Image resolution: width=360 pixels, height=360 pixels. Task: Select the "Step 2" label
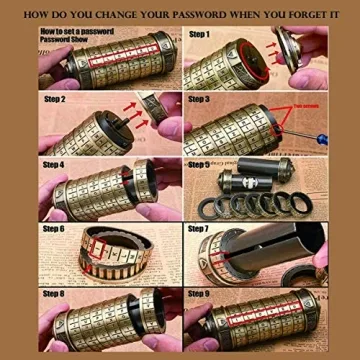(54, 101)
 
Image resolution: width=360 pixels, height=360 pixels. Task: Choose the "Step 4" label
(54, 164)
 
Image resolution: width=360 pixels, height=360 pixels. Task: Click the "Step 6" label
(54, 229)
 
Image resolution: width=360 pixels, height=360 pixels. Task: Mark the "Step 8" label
(54, 294)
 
